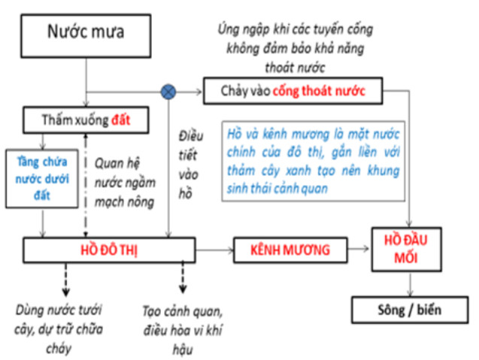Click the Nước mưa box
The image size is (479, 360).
(x=86, y=36)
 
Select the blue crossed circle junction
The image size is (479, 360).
(x=168, y=92)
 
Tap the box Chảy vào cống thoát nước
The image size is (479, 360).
(x=293, y=91)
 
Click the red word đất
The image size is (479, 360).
(x=120, y=120)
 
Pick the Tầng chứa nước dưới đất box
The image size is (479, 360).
(x=42, y=179)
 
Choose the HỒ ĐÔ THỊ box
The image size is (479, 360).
(x=109, y=250)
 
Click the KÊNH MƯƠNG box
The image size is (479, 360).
(x=290, y=250)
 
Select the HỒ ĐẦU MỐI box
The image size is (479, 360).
(x=406, y=250)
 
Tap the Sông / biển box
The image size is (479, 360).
(x=410, y=310)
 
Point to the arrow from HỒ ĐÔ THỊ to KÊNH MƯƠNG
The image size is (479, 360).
(x=214, y=250)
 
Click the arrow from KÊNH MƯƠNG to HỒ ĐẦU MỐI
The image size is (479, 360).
(x=359, y=249)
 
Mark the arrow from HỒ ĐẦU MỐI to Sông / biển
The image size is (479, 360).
(x=410, y=284)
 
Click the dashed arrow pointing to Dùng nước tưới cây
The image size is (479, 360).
(x=65, y=280)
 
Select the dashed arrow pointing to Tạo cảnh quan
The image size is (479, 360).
(x=183, y=277)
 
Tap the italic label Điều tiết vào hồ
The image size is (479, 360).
(x=190, y=165)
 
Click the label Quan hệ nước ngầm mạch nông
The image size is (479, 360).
(x=125, y=183)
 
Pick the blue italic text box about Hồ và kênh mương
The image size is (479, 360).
(x=313, y=162)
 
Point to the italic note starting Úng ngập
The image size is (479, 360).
(x=295, y=48)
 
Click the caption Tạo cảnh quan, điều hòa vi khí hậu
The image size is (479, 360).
(x=183, y=331)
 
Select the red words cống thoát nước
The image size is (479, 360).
(x=319, y=91)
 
